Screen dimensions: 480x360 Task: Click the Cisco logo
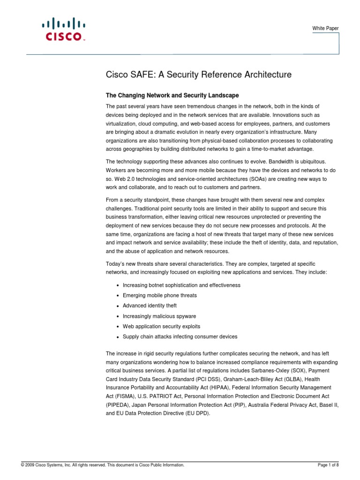(x=64, y=29)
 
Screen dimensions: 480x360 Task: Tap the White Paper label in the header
(x=325, y=29)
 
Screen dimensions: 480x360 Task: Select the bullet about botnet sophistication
(x=181, y=285)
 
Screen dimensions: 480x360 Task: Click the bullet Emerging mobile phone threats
(x=159, y=295)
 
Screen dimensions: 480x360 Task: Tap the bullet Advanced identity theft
(x=150, y=306)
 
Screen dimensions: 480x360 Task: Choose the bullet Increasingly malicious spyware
(x=159, y=316)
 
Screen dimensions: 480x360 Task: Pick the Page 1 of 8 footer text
(x=328, y=465)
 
